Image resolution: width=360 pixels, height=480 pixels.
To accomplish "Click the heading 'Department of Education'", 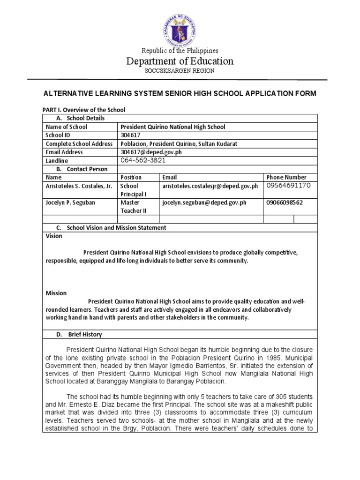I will click(180, 61).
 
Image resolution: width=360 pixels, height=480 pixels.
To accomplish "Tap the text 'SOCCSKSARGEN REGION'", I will click(180, 71).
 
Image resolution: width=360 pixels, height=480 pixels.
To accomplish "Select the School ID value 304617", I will click(130, 135).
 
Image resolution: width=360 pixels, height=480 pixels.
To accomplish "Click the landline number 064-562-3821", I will click(143, 160).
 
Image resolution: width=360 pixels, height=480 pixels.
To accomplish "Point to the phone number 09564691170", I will click(288, 186).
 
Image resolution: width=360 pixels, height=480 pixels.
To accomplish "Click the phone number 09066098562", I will click(285, 202).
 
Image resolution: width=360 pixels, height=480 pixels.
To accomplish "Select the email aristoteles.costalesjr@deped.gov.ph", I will click(210, 186).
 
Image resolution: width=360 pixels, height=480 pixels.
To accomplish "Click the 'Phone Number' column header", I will click(286, 177).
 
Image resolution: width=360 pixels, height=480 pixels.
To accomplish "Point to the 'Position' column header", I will click(131, 177).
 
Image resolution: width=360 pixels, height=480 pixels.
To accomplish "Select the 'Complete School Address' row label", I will click(79, 143).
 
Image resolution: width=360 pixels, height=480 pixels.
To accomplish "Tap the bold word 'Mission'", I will click(56, 293).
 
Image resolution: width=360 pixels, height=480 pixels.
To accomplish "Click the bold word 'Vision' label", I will click(54, 236).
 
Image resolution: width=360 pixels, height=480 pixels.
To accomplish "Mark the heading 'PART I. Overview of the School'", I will click(84, 110).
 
